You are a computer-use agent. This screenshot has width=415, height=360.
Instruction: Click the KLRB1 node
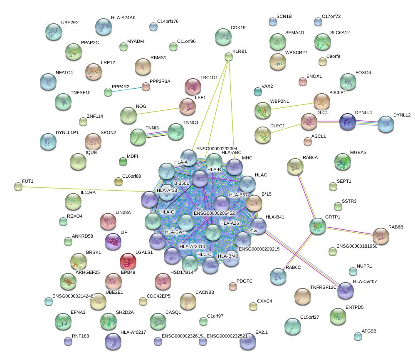pyautogui.click(x=228, y=57)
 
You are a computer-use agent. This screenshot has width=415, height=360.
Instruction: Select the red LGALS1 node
pyautogui.click(x=128, y=261)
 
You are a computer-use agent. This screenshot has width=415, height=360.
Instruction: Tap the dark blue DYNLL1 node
pyautogui.click(x=348, y=121)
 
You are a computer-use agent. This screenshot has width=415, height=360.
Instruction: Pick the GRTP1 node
pyautogui.click(x=318, y=225)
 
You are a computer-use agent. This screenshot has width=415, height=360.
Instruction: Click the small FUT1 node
pyautogui.click(x=18, y=186)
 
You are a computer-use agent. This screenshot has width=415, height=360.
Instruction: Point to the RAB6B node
pyautogui.click(x=381, y=236)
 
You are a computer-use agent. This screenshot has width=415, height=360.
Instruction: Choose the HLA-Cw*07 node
pyautogui.click(x=345, y=290)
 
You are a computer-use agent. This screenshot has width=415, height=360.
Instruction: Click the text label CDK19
pyautogui.click(x=238, y=28)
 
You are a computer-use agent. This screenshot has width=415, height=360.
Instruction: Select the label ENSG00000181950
pyautogui.click(x=356, y=246)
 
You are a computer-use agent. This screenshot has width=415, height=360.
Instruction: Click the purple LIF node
pyautogui.click(x=113, y=241)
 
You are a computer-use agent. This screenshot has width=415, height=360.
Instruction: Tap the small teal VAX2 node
pyautogui.click(x=257, y=91)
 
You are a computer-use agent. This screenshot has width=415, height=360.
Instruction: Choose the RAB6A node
pyautogui.click(x=295, y=166)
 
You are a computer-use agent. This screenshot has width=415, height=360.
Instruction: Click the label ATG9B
pyautogui.click(x=369, y=331)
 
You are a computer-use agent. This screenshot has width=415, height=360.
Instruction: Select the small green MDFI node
pyautogui.click(x=123, y=161)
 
